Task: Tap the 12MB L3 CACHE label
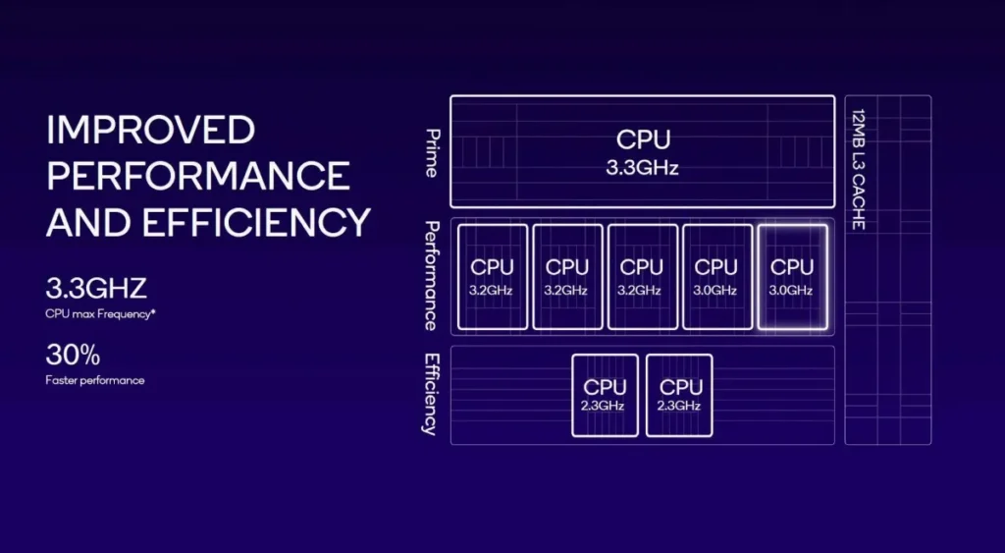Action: pyautogui.click(x=857, y=169)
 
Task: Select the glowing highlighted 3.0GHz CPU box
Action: pyautogui.click(x=792, y=276)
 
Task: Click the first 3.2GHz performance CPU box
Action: pyautogui.click(x=492, y=276)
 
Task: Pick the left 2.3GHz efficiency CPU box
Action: pyautogui.click(x=605, y=395)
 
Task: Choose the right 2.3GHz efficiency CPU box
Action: pyautogui.click(x=680, y=395)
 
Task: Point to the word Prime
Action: pyautogui.click(x=431, y=152)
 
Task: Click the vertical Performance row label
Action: pyautogui.click(x=431, y=276)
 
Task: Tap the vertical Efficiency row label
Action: pyautogui.click(x=430, y=393)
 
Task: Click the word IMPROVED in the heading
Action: pyautogui.click(x=151, y=131)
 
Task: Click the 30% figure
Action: pyautogui.click(x=73, y=355)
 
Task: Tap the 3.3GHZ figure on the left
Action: pyautogui.click(x=96, y=290)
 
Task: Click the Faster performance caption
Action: pyautogui.click(x=94, y=380)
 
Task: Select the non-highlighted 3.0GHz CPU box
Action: pyautogui.click(x=716, y=276)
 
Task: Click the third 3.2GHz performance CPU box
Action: pyautogui.click(x=642, y=276)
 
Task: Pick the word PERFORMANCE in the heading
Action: pyautogui.click(x=198, y=176)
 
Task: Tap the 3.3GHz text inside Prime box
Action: pyautogui.click(x=643, y=167)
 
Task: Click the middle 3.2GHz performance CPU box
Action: pyautogui.click(x=567, y=276)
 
